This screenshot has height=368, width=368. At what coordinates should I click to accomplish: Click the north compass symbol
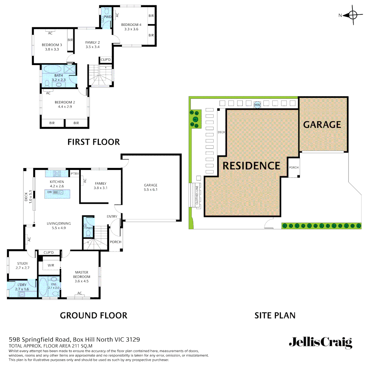pos(352,15)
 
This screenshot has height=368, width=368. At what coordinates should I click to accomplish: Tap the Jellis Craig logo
pos(320,342)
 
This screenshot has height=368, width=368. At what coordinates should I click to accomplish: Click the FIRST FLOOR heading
pos(94,142)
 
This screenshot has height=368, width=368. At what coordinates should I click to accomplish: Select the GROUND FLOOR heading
pos(94,316)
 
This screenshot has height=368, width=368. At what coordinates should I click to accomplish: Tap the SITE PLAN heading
pos(275,316)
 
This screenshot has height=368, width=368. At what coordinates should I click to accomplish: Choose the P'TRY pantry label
pos(75,174)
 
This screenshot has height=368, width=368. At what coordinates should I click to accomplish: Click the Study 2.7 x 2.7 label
pos(23,266)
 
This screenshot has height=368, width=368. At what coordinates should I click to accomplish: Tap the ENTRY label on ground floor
pos(112,216)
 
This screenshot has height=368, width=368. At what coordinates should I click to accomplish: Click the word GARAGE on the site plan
pos(322,125)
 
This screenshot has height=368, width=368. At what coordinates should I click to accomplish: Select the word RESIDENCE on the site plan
pos(251,166)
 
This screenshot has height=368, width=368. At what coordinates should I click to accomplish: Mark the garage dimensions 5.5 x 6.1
pos(150,189)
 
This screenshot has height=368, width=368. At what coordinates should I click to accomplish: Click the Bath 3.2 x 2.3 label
pos(59,78)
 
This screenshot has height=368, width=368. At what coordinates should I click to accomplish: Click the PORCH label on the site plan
pos(293,168)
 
